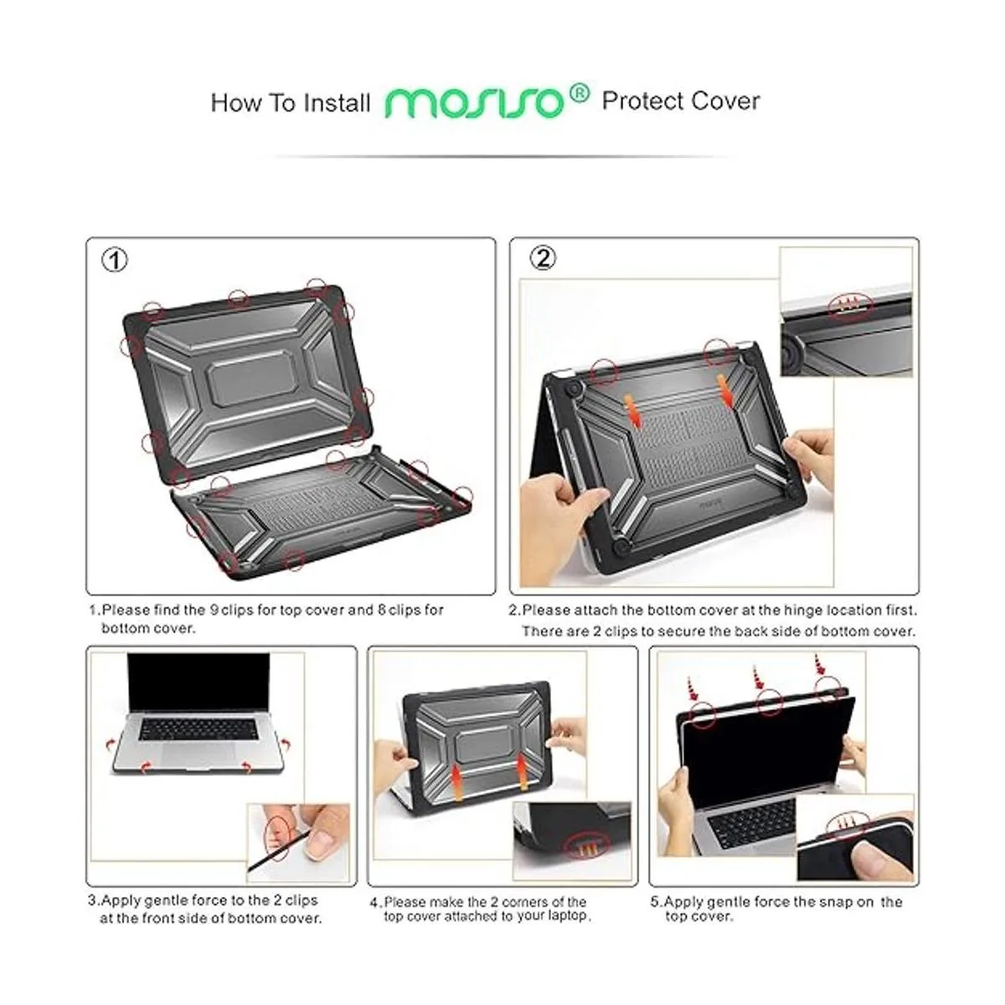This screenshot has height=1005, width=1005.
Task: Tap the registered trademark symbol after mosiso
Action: (x=580, y=94)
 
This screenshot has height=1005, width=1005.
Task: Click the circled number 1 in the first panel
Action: (x=114, y=260)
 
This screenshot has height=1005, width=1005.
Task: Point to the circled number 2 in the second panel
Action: (x=543, y=258)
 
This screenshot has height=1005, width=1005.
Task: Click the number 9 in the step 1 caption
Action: (x=214, y=610)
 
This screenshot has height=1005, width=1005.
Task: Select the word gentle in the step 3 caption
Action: (x=167, y=900)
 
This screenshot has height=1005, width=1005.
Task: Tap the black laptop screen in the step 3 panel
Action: (x=198, y=683)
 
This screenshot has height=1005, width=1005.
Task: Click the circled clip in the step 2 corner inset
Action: (x=852, y=303)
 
